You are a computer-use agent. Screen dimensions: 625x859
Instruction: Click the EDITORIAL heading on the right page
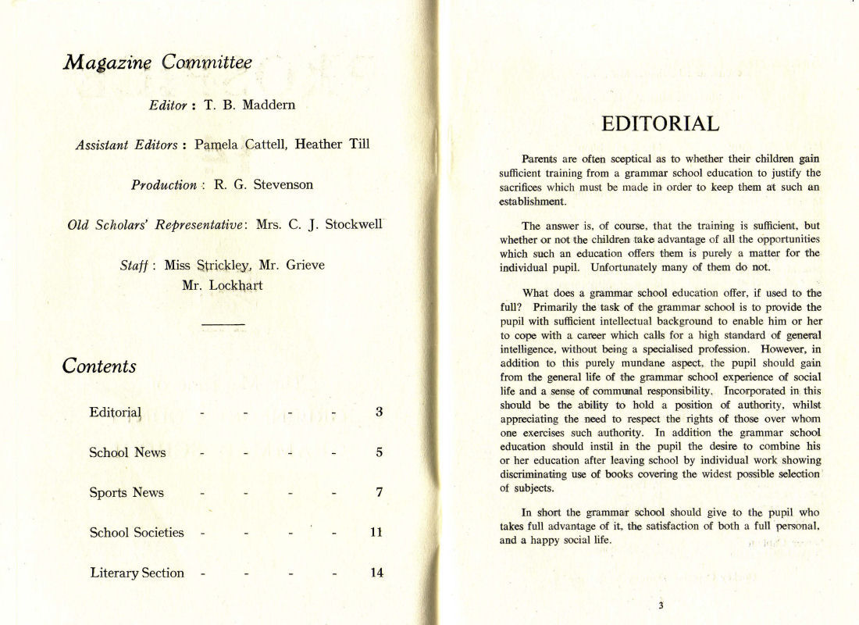(x=661, y=124)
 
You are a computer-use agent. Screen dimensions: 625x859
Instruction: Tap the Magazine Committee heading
(x=157, y=62)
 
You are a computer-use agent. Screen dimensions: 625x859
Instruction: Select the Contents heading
(x=99, y=366)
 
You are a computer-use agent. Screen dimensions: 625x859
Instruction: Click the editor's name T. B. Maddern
(x=250, y=105)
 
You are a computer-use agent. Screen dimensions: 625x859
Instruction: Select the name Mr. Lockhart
(x=223, y=285)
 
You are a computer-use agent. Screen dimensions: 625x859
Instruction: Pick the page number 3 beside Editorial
(x=379, y=412)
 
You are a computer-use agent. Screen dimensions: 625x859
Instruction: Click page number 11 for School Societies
(x=376, y=533)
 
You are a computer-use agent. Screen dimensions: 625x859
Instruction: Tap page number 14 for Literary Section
(x=376, y=573)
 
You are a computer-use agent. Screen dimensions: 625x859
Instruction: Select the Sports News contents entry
(x=127, y=492)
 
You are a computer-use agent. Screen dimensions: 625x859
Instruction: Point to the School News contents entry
(x=127, y=452)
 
